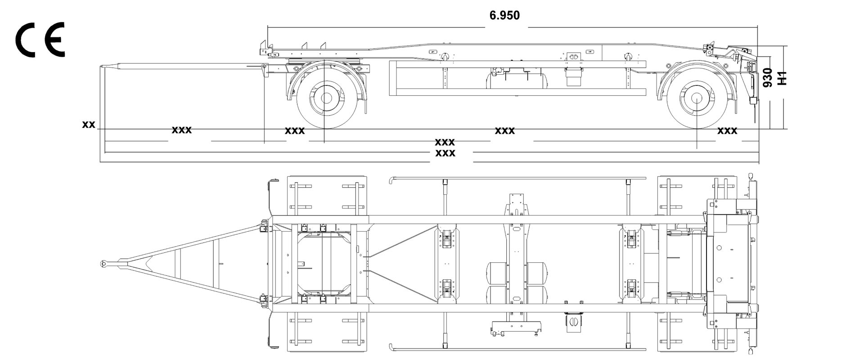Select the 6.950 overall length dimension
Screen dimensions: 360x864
(x=504, y=16)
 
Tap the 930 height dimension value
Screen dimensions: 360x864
(x=768, y=77)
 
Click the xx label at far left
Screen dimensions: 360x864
(x=89, y=124)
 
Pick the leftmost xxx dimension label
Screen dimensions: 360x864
(x=182, y=130)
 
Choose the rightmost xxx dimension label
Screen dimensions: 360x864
(x=727, y=131)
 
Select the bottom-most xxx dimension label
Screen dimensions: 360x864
(x=445, y=153)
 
